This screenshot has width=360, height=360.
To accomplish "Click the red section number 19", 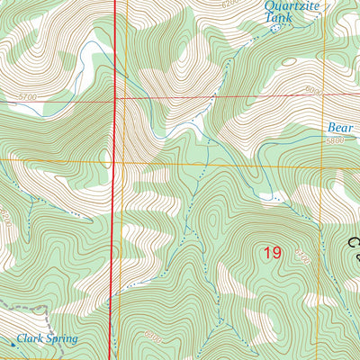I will coord(273,254).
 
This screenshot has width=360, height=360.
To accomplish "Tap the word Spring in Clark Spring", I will coord(64,339).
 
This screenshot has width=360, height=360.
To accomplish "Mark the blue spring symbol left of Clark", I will coord(15,340).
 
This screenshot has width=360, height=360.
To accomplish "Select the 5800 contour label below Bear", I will coord(335,140).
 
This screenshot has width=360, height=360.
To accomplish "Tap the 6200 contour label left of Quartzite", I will coord(232,4).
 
